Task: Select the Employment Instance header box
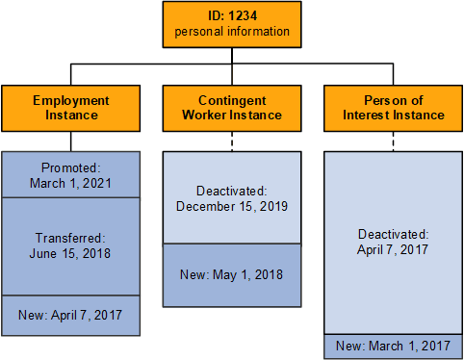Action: point(70,107)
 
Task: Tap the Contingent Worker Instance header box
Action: point(232,107)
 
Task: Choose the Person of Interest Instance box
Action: point(394,107)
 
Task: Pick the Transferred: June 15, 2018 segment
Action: point(70,245)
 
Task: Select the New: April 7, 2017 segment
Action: point(70,314)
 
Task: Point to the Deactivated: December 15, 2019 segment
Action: point(232,198)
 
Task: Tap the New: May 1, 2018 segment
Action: point(232,275)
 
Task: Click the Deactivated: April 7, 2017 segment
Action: point(394,241)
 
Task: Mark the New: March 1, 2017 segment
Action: point(394,346)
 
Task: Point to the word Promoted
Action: point(70,167)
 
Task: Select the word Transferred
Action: point(70,238)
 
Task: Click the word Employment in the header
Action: point(70,100)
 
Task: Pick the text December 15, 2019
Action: point(232,205)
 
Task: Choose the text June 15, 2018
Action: point(70,253)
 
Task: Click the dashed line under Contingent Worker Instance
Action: point(232,141)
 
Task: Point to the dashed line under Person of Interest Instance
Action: point(394,141)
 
